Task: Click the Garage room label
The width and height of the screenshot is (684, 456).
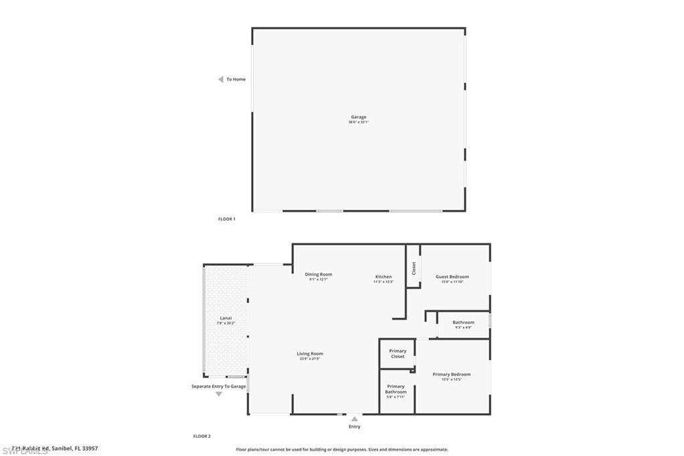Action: point(358,118)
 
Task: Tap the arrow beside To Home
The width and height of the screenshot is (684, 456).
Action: point(220,80)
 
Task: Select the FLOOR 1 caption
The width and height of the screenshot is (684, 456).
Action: point(226,219)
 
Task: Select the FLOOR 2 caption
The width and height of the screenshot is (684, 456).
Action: point(202,436)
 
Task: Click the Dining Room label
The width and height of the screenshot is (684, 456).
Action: point(318,275)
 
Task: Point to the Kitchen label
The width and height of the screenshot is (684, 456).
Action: point(383,277)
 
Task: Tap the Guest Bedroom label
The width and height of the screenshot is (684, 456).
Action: point(452,277)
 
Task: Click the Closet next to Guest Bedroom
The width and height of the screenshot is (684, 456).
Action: point(414,268)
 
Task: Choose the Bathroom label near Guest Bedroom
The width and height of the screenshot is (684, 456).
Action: point(463,322)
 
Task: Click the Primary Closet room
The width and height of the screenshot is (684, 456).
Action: point(397,354)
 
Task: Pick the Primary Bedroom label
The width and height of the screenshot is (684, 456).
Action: point(452,374)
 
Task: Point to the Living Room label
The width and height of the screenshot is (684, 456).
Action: point(310,354)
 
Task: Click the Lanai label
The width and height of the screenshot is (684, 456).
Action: point(226,318)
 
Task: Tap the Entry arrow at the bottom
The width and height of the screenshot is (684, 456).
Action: point(355,419)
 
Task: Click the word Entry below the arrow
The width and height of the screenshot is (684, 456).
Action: point(355,427)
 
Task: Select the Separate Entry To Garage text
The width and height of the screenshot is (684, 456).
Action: point(218,386)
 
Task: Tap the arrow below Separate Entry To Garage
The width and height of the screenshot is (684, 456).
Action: point(218,394)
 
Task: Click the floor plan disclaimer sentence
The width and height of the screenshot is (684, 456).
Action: point(342,449)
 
